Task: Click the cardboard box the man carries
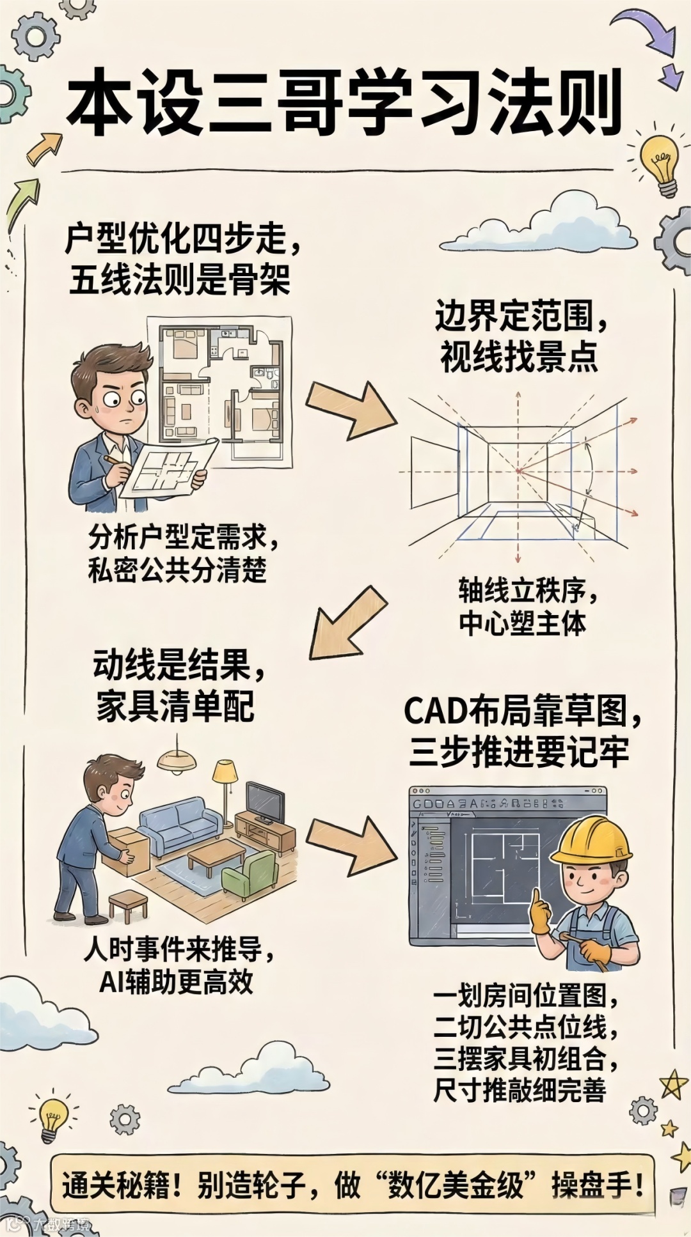(125, 851)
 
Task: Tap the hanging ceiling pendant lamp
(176, 761)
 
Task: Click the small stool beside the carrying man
(127, 905)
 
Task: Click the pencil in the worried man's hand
(115, 460)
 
